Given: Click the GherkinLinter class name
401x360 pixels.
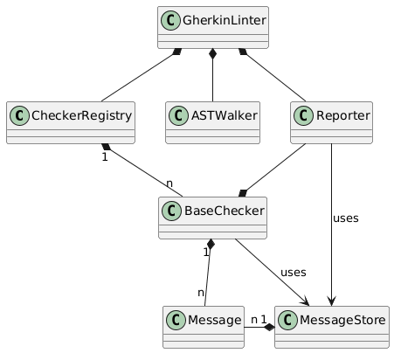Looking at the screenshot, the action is click(x=225, y=20).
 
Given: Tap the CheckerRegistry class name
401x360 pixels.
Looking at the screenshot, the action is click(x=81, y=115).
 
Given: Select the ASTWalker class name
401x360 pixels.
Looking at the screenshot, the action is click(x=224, y=115).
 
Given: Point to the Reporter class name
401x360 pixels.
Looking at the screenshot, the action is click(x=343, y=115).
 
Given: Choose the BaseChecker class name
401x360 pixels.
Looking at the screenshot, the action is click(x=225, y=211).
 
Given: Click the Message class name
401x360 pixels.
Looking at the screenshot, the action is click(x=214, y=320).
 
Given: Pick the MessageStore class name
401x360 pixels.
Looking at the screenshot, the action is click(x=342, y=320).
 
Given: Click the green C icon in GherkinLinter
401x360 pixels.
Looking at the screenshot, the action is click(x=170, y=20).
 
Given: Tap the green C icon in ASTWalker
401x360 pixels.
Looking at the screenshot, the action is click(x=178, y=115).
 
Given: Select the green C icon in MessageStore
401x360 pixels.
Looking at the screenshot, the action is click(x=287, y=320).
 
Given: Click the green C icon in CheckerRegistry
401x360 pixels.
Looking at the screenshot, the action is click(x=19, y=115).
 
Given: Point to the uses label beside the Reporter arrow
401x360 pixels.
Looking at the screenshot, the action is click(x=346, y=218).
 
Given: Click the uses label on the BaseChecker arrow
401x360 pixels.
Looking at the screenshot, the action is click(x=294, y=273).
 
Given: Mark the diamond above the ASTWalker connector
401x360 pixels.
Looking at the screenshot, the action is click(x=213, y=54).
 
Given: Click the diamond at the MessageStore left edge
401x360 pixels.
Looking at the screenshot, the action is click(x=270, y=328).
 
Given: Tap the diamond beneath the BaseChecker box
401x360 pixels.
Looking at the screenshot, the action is click(x=211, y=245).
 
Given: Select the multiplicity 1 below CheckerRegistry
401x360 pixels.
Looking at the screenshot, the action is click(x=105, y=157).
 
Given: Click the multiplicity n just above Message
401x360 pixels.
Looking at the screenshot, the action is click(x=201, y=293).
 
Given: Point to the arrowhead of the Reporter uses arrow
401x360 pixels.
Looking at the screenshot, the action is click(x=331, y=301).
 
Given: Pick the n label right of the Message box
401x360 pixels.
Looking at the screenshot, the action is click(x=254, y=320).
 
